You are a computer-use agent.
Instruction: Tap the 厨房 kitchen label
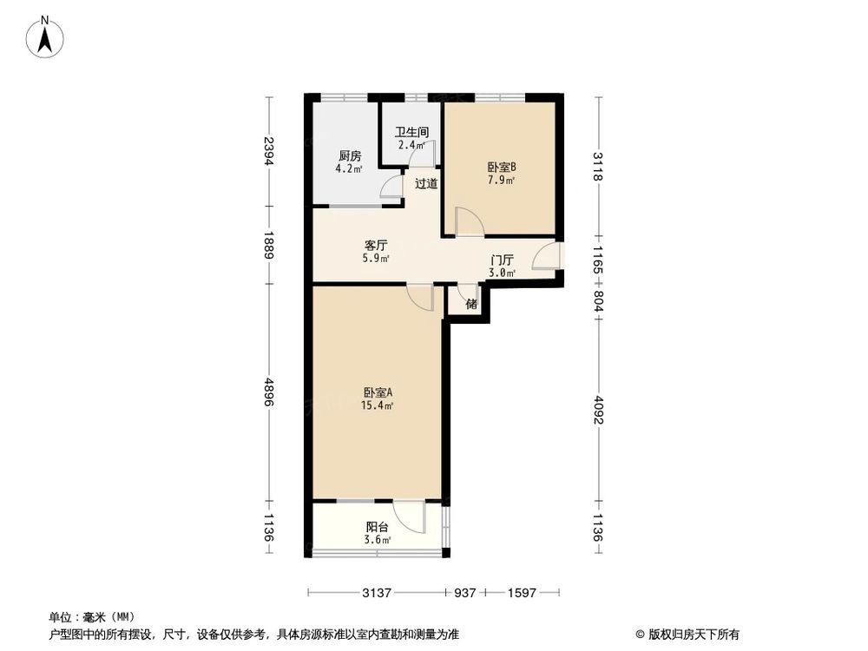[x=350, y=156]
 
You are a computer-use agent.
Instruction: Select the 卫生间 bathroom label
[x=411, y=133]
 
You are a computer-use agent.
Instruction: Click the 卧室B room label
[x=502, y=167]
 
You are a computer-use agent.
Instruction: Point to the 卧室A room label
[x=378, y=391]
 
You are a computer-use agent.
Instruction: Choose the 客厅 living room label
[x=376, y=244]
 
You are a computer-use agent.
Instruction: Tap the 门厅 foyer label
[x=503, y=260]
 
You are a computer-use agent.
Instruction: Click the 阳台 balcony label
[x=378, y=527]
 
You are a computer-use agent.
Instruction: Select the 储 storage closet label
[x=471, y=304]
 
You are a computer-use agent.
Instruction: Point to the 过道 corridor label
[x=425, y=183]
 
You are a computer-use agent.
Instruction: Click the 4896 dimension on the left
[x=269, y=396]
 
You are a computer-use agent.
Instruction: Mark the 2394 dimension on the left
[x=269, y=152]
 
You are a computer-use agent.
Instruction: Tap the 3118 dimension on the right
[x=597, y=165]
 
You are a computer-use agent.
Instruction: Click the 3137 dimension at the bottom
[x=375, y=593]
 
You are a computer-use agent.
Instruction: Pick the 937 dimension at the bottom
[x=464, y=593]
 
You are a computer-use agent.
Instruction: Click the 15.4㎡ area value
[x=378, y=405]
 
